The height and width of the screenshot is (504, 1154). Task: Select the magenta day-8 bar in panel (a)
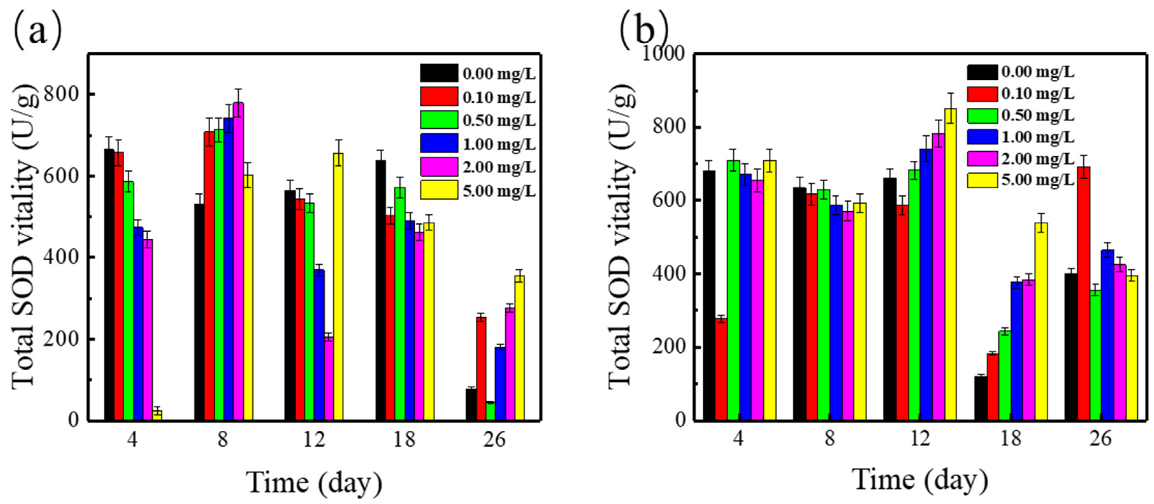point(238,261)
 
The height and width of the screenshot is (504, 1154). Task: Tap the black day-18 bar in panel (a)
point(381,290)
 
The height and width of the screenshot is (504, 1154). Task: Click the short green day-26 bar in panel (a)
point(490,411)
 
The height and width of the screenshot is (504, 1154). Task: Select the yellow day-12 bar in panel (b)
point(950,264)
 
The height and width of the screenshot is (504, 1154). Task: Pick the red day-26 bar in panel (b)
point(1084,293)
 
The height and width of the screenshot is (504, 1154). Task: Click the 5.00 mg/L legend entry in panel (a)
point(478,191)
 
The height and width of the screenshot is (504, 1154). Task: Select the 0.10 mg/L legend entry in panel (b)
point(1021,94)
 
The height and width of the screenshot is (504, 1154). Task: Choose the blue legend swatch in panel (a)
point(439,143)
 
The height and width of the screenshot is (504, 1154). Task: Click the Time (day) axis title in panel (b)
point(920,480)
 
